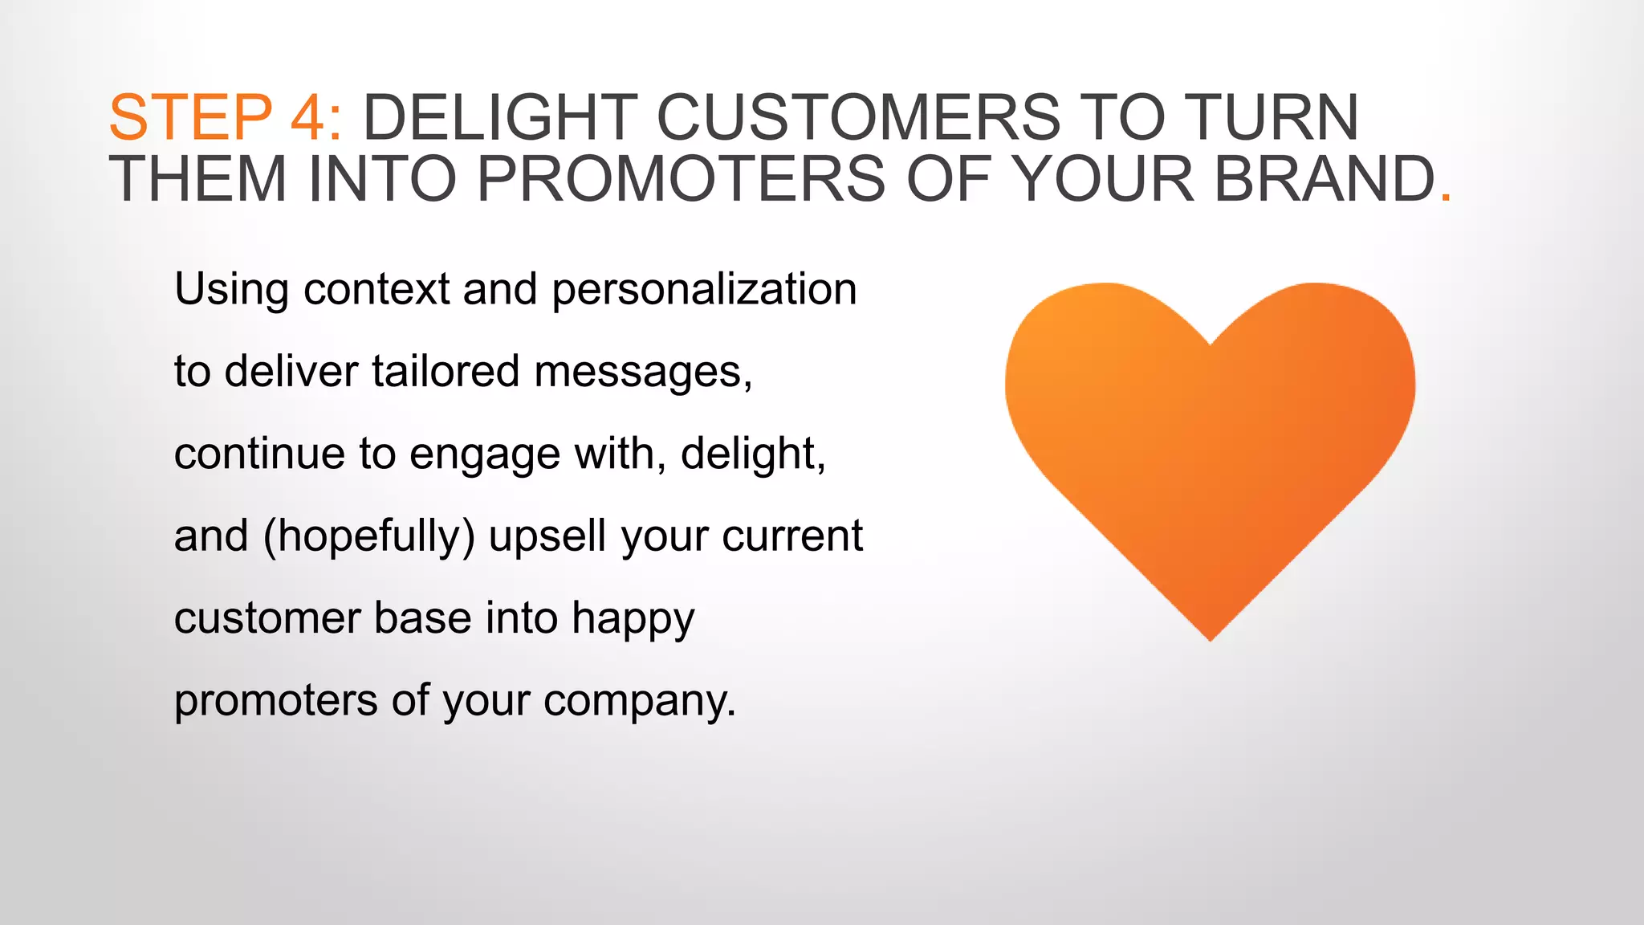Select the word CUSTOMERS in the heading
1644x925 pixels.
point(859,118)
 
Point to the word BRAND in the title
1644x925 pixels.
point(1325,179)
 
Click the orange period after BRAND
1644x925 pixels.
point(1447,195)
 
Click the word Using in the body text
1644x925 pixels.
point(231,290)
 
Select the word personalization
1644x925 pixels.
point(704,290)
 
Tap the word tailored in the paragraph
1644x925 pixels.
point(446,372)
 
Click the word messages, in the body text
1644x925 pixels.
point(643,373)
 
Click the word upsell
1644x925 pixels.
point(547,536)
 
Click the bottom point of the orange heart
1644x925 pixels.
point(1210,638)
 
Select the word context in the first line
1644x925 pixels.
point(376,290)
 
